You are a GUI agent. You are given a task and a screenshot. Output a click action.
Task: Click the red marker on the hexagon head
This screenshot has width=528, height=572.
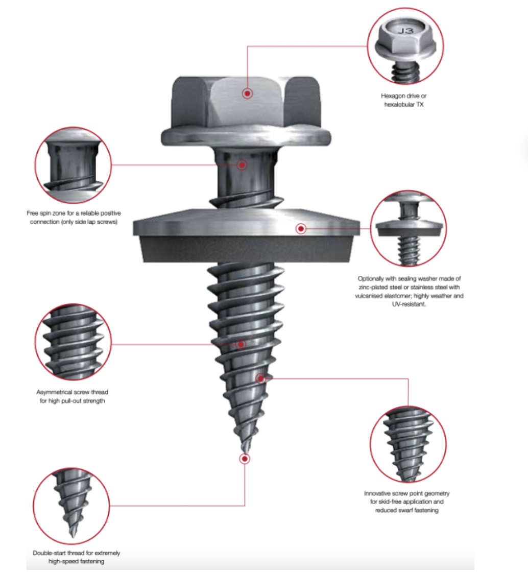coord(247,93)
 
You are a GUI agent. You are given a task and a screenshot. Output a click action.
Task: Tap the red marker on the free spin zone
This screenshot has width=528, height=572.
coord(242,165)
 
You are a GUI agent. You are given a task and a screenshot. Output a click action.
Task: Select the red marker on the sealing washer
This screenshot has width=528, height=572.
coord(301,229)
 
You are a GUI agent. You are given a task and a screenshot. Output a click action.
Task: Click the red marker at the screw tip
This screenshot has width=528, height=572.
coord(245,459)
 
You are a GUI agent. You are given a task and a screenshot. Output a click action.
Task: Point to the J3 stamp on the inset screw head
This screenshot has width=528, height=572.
coord(405,31)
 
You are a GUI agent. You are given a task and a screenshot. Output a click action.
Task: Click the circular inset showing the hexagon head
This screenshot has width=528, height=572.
coord(405,46)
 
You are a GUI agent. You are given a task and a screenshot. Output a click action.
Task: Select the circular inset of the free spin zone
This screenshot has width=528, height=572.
coord(74,165)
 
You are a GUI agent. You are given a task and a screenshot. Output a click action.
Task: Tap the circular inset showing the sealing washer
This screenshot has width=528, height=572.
coord(409,228)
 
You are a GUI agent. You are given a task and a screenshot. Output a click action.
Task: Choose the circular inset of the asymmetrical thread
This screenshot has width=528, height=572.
coord(74,342)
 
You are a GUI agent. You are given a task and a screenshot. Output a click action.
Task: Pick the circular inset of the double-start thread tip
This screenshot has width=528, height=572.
coord(71,506)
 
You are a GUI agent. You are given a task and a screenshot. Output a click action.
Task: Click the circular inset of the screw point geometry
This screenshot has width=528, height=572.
coord(408,444)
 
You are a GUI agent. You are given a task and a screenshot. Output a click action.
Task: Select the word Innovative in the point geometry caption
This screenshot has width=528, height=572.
coord(378,493)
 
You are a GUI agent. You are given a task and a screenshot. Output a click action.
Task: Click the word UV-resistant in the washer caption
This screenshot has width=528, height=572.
coord(409,304)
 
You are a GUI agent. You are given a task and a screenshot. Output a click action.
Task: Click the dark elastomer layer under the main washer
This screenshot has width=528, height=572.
coord(246,249)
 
